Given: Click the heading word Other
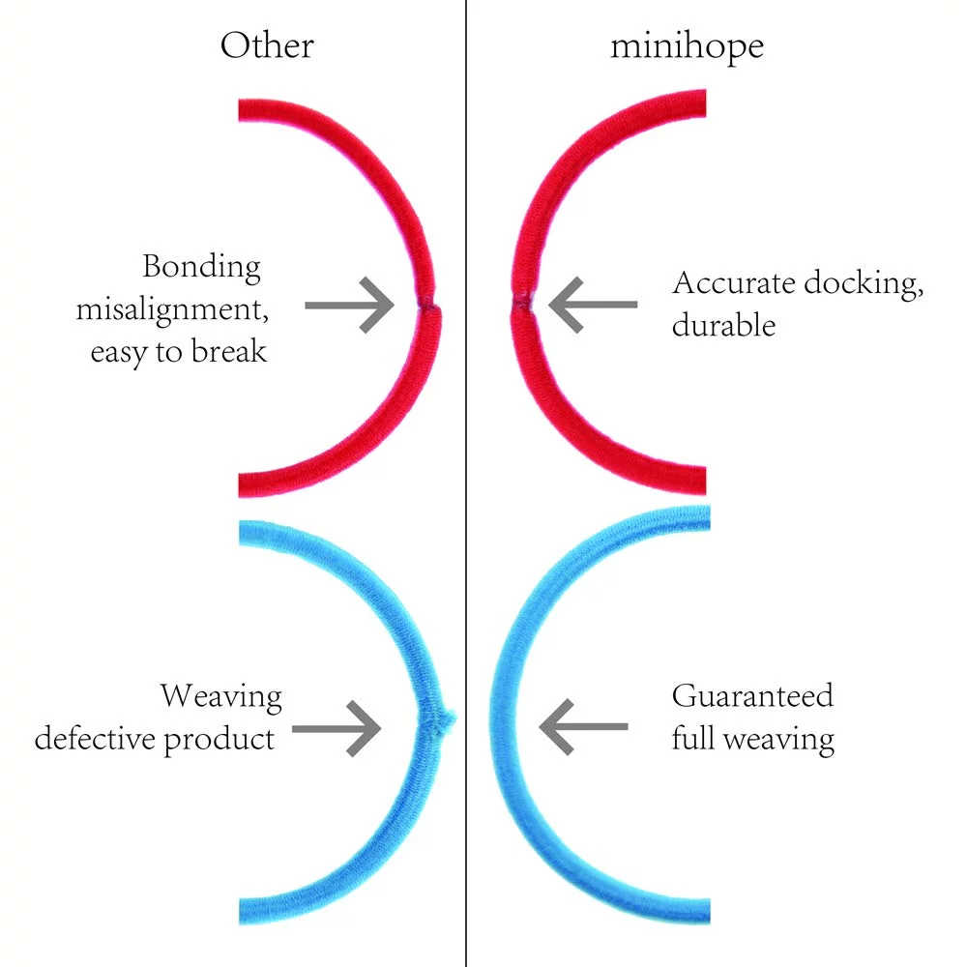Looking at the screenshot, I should tap(267, 45).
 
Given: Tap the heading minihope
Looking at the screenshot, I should tap(687, 45).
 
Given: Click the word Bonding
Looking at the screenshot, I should tap(201, 268).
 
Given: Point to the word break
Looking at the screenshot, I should tap(230, 352).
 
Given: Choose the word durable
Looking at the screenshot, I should tap(723, 325).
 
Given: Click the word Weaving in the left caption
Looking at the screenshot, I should tap(221, 696).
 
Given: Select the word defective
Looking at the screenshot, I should tap(97, 739).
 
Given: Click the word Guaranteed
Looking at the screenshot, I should tap(752, 696).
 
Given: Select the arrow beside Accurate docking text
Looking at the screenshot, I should tap(593, 306).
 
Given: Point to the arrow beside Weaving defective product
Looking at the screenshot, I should tap(337, 726).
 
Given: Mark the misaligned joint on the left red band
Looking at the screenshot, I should tap(426, 306).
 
